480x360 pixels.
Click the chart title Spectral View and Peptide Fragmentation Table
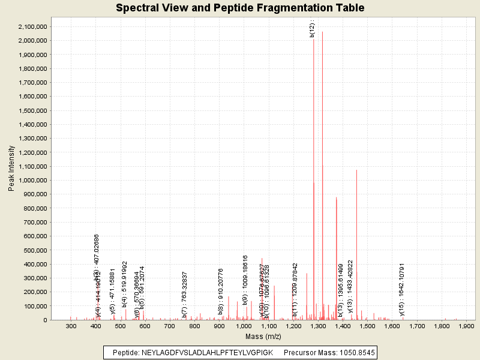pos(240,8)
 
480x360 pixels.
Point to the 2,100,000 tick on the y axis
pos(30,26)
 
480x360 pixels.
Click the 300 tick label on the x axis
pos(71,326)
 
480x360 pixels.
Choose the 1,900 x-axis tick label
pos(466,326)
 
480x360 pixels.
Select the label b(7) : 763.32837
pos(184,294)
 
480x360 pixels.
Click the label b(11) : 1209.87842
pos(295,290)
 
